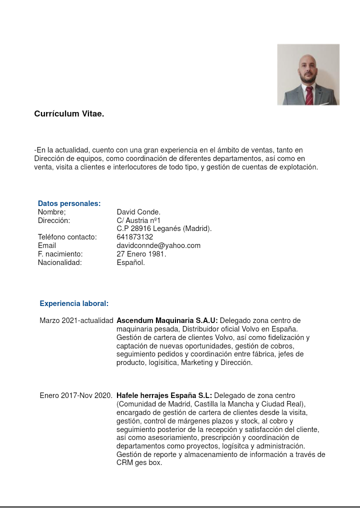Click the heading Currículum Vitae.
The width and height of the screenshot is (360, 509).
tap(69, 114)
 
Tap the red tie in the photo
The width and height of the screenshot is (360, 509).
tap(309, 95)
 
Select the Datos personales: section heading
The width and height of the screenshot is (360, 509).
tap(69, 203)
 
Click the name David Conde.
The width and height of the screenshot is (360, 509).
tap(138, 212)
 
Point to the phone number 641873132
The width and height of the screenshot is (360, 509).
tap(135, 237)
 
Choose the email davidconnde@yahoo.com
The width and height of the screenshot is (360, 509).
tap(158, 245)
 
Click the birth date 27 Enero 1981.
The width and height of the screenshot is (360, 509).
tap(141, 254)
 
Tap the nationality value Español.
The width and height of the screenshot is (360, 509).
tap(131, 262)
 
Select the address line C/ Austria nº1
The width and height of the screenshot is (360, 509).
tap(139, 220)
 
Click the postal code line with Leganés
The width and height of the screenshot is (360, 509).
tap(164, 228)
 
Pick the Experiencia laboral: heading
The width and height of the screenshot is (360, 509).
tap(74, 303)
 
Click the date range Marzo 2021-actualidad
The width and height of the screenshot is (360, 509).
tap(76, 320)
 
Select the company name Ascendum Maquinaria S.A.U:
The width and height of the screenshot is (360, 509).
tap(167, 320)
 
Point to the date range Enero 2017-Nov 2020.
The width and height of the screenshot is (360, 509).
tap(76, 395)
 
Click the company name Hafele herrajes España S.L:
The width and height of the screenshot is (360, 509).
tap(164, 395)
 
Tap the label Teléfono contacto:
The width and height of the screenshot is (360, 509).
tap(67, 237)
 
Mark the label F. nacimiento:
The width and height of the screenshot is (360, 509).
tap(60, 254)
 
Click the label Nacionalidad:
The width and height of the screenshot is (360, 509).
tap(59, 262)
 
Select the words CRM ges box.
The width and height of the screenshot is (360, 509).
tap(139, 463)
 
